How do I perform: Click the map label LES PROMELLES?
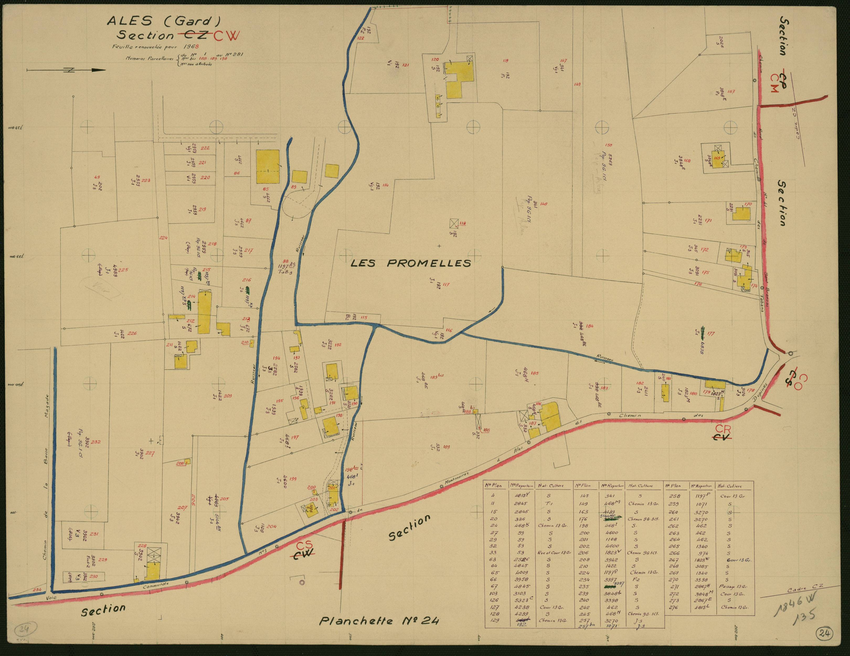[411, 264]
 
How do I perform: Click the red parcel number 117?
[446, 285]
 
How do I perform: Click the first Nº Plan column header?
[493, 486]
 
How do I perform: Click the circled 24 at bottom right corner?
[825, 633]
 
